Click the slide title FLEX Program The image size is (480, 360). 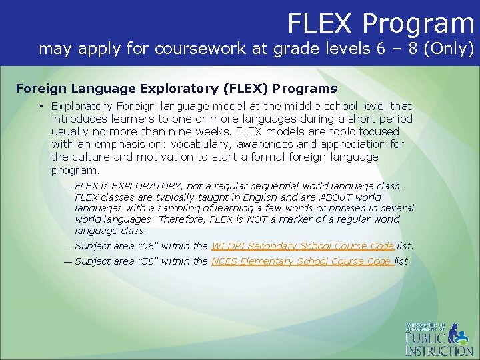tap(380, 23)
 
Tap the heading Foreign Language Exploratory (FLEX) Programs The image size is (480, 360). tap(176, 88)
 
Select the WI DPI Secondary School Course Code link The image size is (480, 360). tap(303, 246)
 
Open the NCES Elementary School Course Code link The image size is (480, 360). tap(301, 261)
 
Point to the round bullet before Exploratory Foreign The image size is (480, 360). tap(41, 106)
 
